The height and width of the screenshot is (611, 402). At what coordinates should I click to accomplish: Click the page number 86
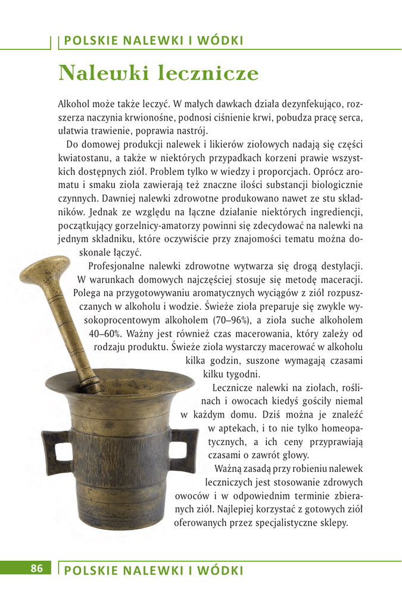point(37,568)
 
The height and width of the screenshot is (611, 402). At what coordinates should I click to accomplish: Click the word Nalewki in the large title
point(104,73)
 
